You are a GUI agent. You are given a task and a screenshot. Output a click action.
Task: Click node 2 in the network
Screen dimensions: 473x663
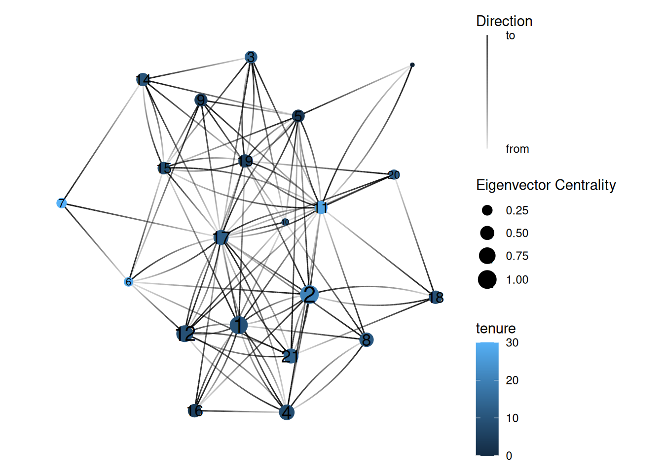[309, 295]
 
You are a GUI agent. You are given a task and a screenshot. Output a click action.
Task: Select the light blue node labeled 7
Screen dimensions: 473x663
[61, 203]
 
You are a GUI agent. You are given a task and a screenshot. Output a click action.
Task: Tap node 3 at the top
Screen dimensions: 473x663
[251, 57]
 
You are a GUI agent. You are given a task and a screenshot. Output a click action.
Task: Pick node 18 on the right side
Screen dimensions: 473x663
[435, 297]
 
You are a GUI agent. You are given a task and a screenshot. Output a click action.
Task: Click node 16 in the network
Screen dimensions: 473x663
[195, 410]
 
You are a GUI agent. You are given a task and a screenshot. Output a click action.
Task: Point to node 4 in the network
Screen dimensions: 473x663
[287, 412]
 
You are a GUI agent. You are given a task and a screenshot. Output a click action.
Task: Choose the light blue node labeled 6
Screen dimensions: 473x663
[128, 282]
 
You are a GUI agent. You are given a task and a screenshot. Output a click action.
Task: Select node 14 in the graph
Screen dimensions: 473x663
[143, 79]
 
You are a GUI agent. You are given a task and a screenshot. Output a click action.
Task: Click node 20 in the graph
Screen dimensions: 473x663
[394, 174]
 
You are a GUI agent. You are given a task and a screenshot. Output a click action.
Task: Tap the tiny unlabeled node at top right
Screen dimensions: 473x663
[412, 65]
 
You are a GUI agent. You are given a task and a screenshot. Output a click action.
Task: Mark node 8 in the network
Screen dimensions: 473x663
[366, 339]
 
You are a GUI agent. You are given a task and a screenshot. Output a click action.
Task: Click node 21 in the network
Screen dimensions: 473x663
[291, 356]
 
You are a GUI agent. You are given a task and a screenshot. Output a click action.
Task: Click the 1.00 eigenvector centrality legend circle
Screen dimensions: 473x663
[487, 280]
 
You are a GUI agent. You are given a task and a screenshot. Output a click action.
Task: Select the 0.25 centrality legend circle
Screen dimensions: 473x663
[487, 210]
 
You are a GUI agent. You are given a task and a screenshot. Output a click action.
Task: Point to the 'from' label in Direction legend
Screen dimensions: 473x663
[517, 149]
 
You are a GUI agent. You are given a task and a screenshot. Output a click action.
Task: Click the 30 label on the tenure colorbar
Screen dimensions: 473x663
[512, 342]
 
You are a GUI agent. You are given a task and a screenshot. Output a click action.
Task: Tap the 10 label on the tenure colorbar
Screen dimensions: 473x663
[512, 418]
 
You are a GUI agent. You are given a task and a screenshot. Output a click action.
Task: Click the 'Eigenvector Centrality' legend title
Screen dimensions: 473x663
[546, 185]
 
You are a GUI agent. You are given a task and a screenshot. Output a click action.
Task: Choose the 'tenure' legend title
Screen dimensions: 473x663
[495, 328]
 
